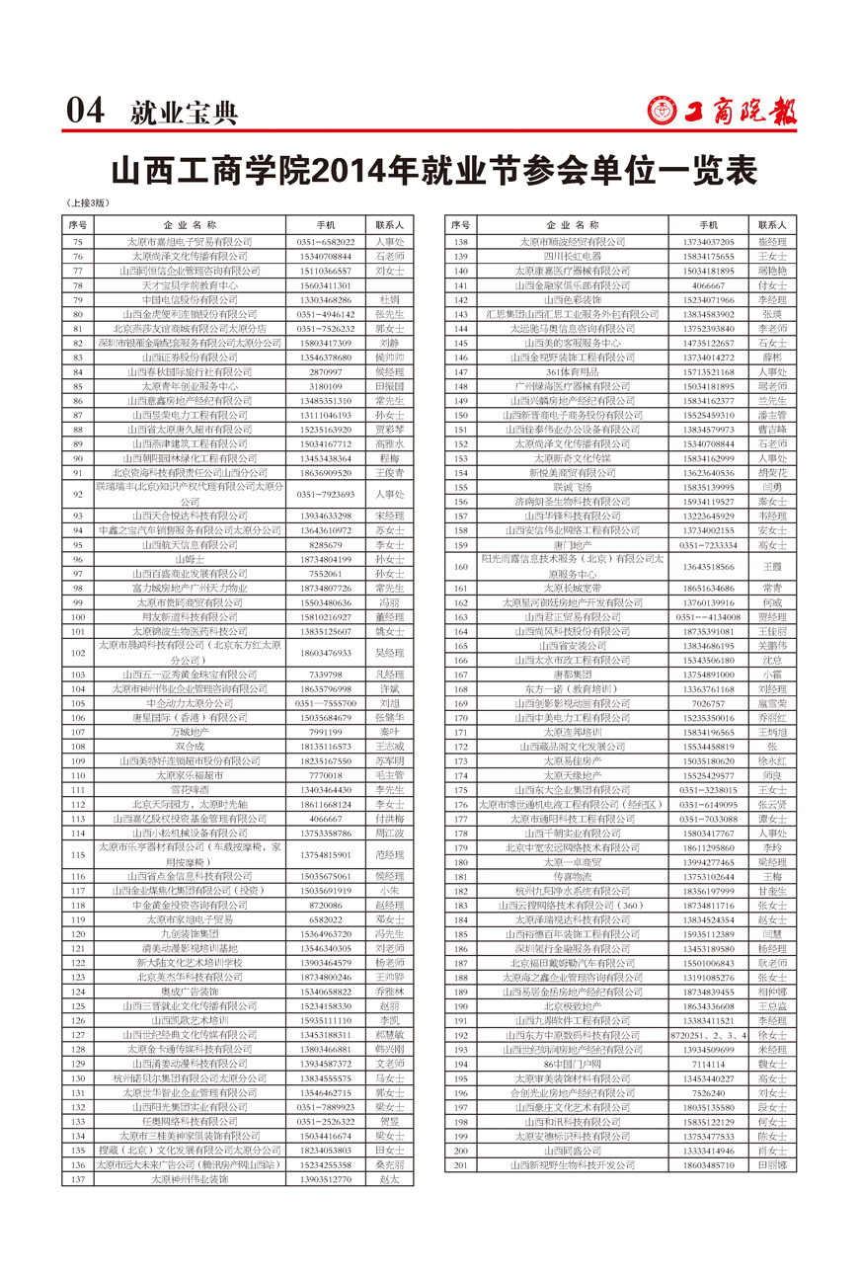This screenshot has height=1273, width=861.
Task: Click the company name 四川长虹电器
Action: coord(573,256)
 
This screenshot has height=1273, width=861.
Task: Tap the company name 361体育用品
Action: coord(573,371)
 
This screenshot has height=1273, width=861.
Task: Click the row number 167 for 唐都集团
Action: coord(459,674)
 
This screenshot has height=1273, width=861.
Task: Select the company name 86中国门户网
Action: coord(573,1064)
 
